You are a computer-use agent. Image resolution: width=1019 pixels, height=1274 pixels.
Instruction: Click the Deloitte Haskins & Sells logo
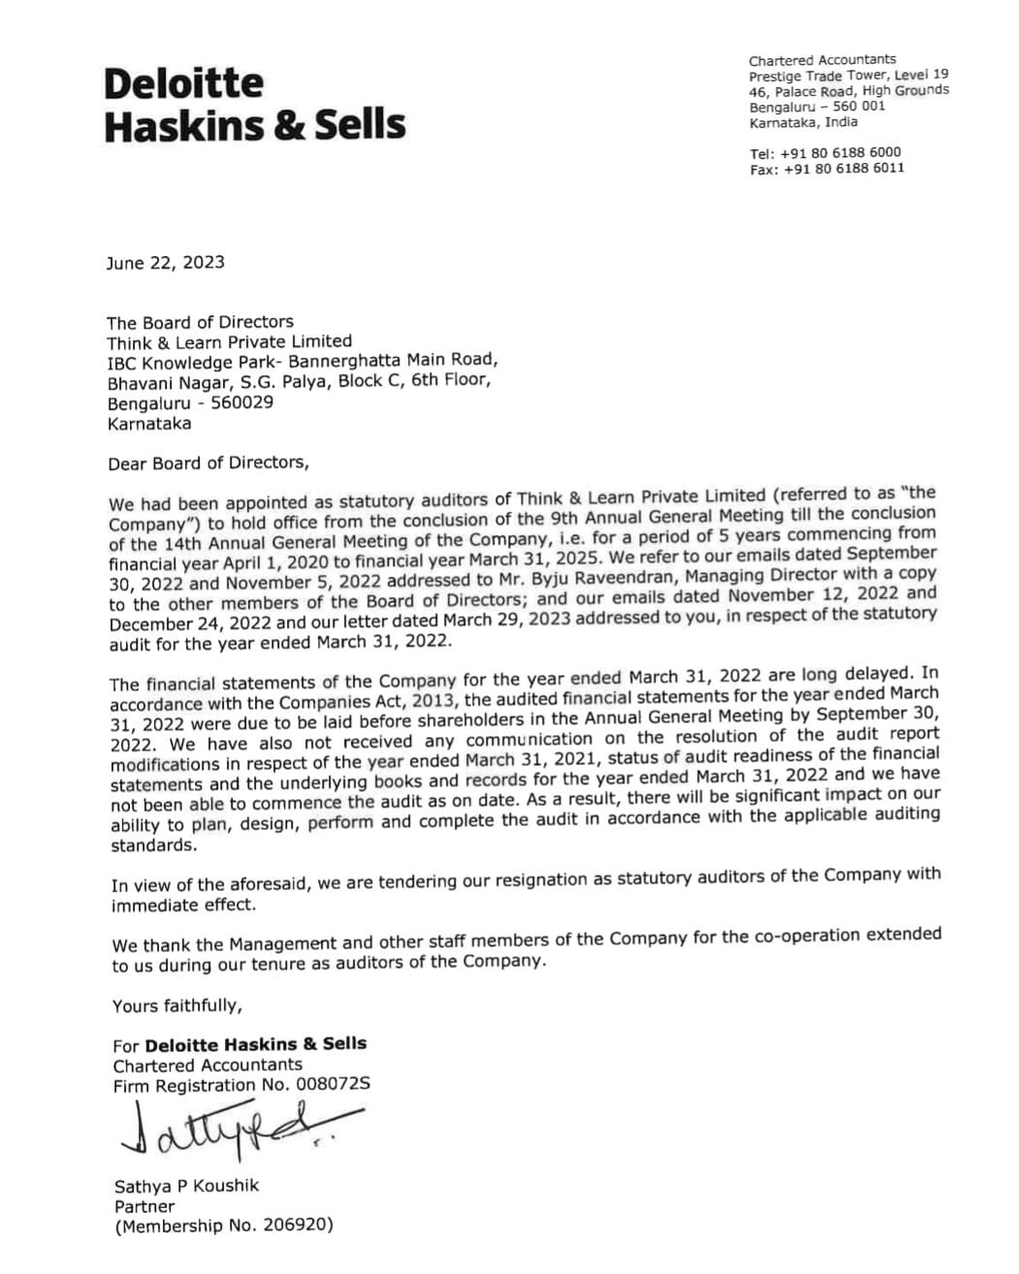(x=254, y=104)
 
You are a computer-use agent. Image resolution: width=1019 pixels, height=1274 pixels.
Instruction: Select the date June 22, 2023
(x=166, y=262)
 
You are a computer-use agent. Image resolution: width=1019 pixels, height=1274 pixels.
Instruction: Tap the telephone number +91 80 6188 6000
(x=840, y=152)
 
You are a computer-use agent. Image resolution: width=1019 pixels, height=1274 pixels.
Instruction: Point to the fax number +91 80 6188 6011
(x=842, y=168)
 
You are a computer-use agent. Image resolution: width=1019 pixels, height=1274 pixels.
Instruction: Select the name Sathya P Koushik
(x=186, y=1186)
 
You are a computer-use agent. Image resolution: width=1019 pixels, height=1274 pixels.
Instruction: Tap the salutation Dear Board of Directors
(x=207, y=462)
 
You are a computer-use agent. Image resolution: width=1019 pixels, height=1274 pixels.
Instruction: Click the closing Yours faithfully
(x=176, y=1005)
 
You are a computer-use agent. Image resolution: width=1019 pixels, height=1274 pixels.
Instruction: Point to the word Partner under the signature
(x=144, y=1206)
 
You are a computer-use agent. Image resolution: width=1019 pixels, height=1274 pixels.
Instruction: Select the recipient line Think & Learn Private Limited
(x=229, y=341)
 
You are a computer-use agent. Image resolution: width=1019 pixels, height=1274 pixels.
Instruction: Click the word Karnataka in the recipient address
(x=149, y=423)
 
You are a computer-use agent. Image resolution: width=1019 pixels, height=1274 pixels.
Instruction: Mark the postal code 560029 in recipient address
(x=241, y=402)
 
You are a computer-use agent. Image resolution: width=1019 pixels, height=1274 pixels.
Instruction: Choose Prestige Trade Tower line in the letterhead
(x=848, y=75)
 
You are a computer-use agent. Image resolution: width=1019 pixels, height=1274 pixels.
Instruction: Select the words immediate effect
(x=183, y=905)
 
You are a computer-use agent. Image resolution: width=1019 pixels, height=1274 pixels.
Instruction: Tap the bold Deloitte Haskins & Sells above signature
(x=256, y=1044)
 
